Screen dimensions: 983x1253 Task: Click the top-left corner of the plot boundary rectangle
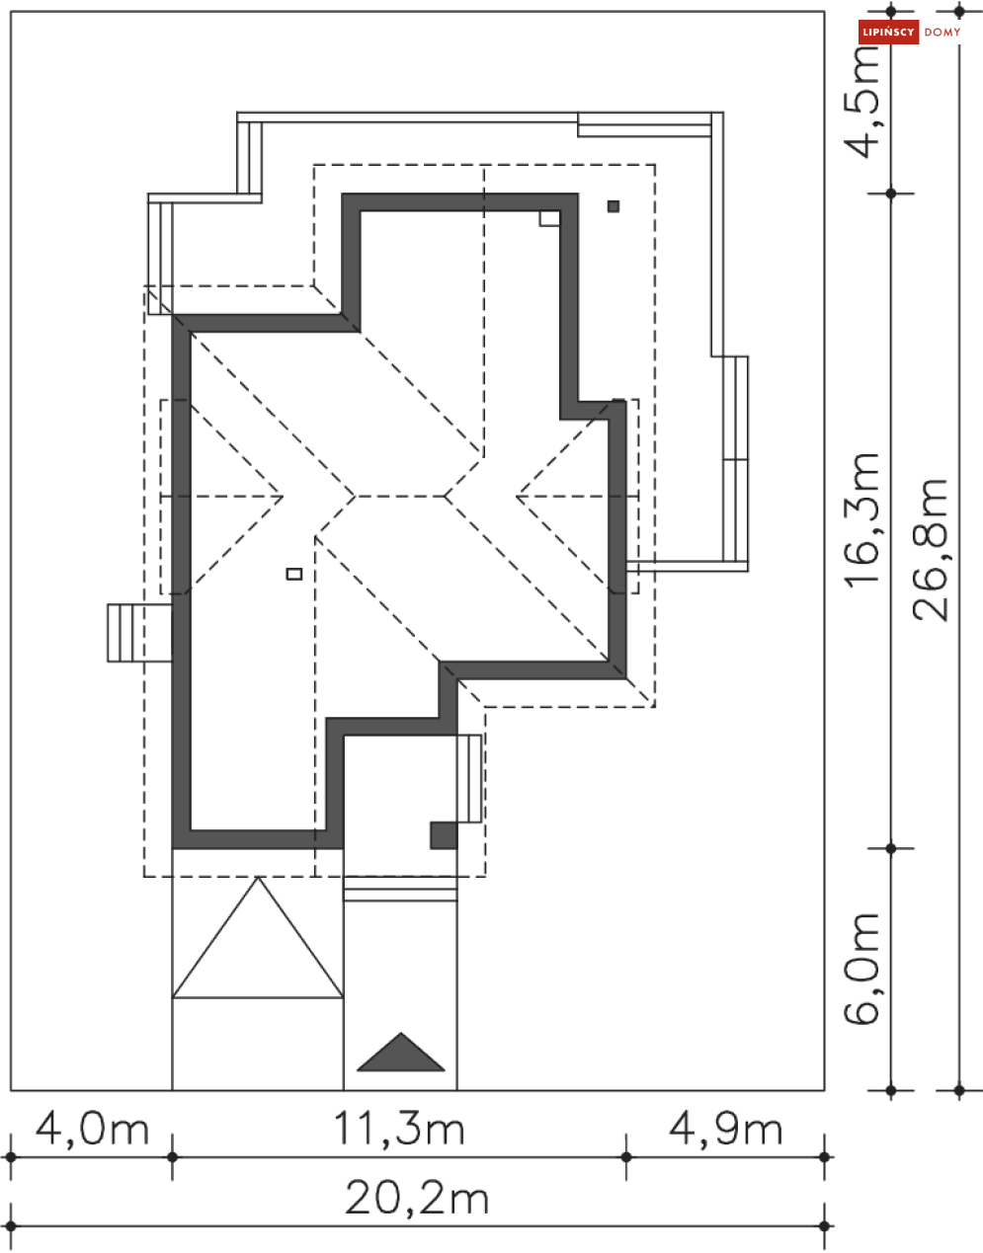pyautogui.click(x=11, y=12)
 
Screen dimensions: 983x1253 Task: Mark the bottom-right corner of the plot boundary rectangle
pyautogui.click(x=824, y=1090)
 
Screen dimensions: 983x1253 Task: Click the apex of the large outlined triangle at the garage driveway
pyautogui.click(x=259, y=878)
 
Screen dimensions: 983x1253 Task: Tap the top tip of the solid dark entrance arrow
pyautogui.click(x=401, y=1033)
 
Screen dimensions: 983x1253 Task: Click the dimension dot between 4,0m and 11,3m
pyautogui.click(x=172, y=1156)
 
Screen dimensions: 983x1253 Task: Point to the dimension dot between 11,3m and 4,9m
pyautogui.click(x=626, y=1156)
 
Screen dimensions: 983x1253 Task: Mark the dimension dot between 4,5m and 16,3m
pyautogui.click(x=891, y=194)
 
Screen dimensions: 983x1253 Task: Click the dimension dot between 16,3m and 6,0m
pyautogui.click(x=891, y=848)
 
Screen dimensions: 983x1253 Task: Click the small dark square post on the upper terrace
pyautogui.click(x=614, y=205)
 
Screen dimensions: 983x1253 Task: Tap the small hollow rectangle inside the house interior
pyautogui.click(x=294, y=574)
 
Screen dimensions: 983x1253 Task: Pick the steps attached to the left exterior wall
pyautogui.click(x=139, y=633)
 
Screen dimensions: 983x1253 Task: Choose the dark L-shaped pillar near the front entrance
pyautogui.click(x=444, y=835)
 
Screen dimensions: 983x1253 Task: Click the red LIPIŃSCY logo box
pyautogui.click(x=888, y=32)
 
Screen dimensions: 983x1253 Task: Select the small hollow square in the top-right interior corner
pyautogui.click(x=549, y=219)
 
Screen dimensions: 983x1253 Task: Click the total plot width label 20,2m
pyautogui.click(x=417, y=1199)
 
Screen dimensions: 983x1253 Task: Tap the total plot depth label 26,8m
pyautogui.click(x=930, y=550)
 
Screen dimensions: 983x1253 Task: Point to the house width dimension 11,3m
pyautogui.click(x=399, y=1129)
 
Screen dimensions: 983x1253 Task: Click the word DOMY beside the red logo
pyautogui.click(x=942, y=33)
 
